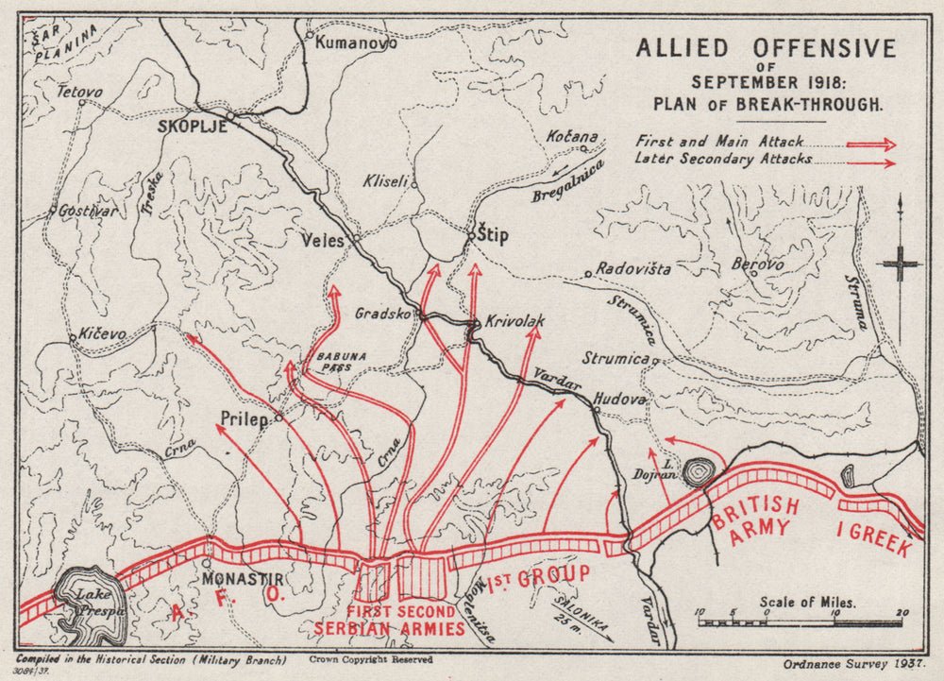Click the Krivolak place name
(515, 321)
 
